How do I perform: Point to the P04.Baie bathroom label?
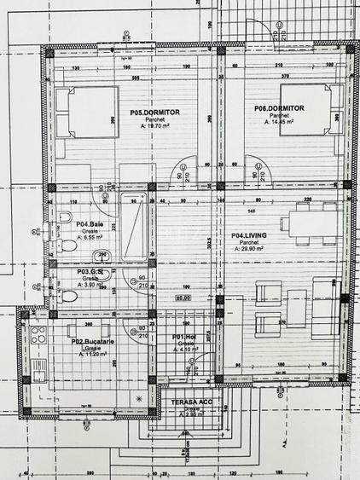point(90,224)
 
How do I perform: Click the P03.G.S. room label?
point(91,272)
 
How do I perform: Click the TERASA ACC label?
point(189,400)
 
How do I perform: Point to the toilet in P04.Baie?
point(67,246)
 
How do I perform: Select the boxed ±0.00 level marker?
point(182,298)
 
